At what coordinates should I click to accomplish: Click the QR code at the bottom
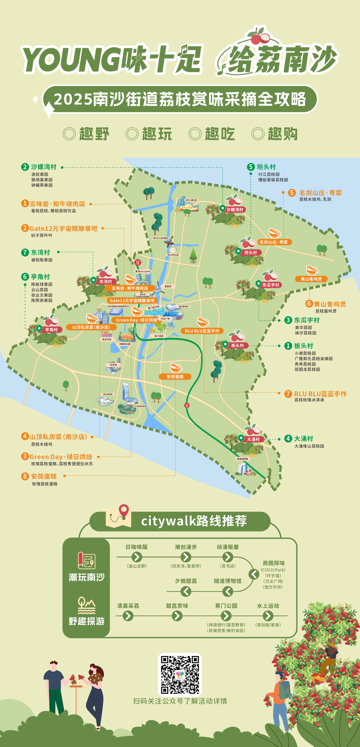tap(180, 674)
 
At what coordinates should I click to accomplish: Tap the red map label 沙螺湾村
tap(235, 210)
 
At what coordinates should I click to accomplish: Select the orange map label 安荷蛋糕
tap(175, 376)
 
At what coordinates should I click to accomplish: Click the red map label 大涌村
tap(253, 439)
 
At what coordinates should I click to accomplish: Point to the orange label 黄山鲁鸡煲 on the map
tap(311, 279)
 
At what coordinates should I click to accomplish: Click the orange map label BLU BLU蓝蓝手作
tap(202, 331)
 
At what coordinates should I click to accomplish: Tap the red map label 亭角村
tap(51, 330)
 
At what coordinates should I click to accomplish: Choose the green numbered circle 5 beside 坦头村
tap(251, 167)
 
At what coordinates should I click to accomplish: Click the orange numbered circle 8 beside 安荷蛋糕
tap(25, 476)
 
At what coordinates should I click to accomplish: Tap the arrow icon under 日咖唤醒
tap(136, 557)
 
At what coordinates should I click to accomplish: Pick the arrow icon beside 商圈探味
tap(254, 574)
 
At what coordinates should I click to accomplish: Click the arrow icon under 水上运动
tap(268, 616)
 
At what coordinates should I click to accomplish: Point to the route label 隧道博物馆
tap(227, 581)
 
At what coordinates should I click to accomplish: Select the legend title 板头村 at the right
tap(304, 346)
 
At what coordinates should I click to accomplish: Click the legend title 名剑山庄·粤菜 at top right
tap(320, 193)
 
